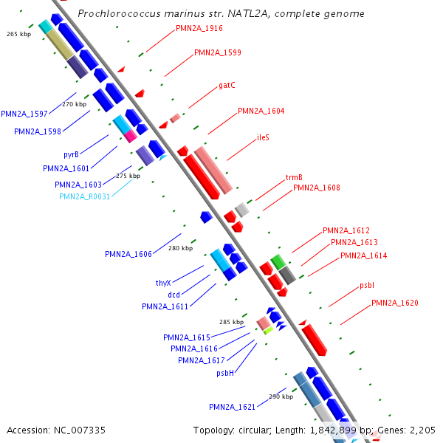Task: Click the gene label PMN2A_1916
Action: click(x=199, y=28)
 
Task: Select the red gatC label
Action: click(x=227, y=86)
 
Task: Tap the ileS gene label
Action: click(x=263, y=137)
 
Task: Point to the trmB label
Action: click(x=294, y=177)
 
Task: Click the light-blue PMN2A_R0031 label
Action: click(x=84, y=196)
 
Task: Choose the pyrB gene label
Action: click(x=71, y=155)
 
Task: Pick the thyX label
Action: click(x=163, y=283)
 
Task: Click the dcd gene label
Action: click(x=174, y=295)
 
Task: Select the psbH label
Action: click(x=225, y=373)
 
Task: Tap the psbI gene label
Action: click(x=367, y=285)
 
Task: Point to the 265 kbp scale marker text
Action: click(x=19, y=34)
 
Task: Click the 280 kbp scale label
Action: click(x=181, y=248)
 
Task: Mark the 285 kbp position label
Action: click(x=231, y=322)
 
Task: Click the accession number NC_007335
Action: click(x=80, y=430)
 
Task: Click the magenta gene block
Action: click(x=130, y=136)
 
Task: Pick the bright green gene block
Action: click(x=278, y=262)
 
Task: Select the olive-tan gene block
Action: click(x=61, y=44)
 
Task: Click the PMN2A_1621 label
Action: click(x=232, y=407)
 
